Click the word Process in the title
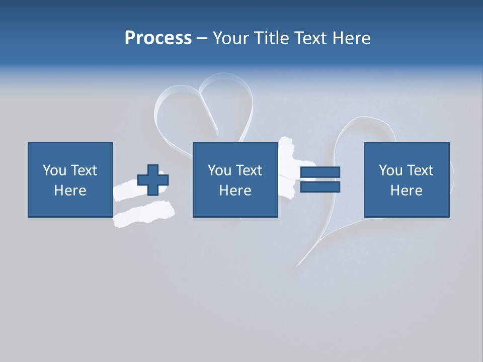[x=158, y=38]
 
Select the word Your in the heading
[x=230, y=38]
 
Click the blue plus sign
[x=153, y=180]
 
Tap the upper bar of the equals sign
[x=320, y=172]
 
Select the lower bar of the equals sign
[x=320, y=187]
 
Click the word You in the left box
[x=54, y=170]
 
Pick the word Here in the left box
[x=70, y=191]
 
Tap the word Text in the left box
[x=84, y=170]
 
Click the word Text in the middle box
[x=249, y=170]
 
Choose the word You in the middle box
[x=219, y=170]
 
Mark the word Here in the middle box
[x=235, y=191]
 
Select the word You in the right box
[x=390, y=170]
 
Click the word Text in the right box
[x=420, y=170]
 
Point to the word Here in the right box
[x=406, y=191]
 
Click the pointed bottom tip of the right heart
[x=299, y=263]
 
